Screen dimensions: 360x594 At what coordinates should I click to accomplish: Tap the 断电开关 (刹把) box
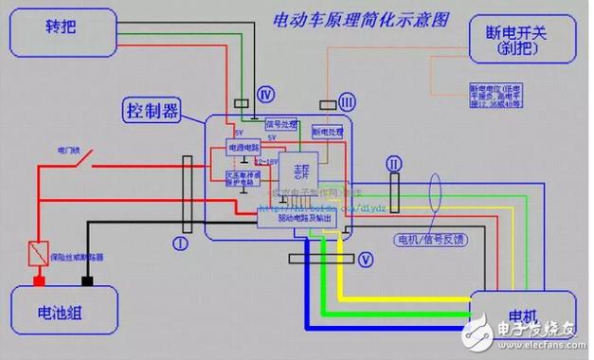pyautogui.click(x=522, y=43)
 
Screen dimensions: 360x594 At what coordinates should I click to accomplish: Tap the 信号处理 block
pyautogui.click(x=280, y=125)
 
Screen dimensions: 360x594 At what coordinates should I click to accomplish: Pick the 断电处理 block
pyautogui.click(x=329, y=133)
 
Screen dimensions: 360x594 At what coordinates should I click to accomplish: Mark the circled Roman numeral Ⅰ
pyautogui.click(x=179, y=243)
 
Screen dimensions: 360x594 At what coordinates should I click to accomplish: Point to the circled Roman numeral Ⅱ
pyautogui.click(x=395, y=165)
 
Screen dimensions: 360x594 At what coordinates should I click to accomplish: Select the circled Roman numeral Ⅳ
pyautogui.click(x=267, y=94)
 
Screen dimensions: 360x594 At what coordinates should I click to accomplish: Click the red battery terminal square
pyautogui.click(x=40, y=281)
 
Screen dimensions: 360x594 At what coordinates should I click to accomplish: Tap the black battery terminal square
pyautogui.click(x=87, y=281)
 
